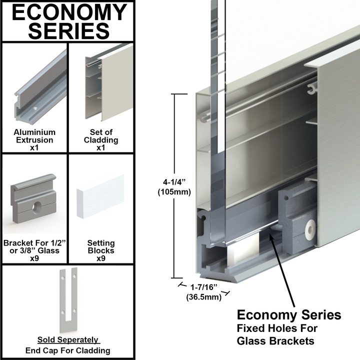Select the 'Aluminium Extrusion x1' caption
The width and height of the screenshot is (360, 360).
(x=35, y=140)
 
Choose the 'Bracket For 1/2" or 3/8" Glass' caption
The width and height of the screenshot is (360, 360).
(x=35, y=246)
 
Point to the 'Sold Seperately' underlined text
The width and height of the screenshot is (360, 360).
(x=68, y=340)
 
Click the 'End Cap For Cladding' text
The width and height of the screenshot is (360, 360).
(x=68, y=350)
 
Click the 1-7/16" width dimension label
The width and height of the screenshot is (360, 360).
(x=204, y=288)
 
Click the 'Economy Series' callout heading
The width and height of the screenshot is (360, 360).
(x=288, y=315)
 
